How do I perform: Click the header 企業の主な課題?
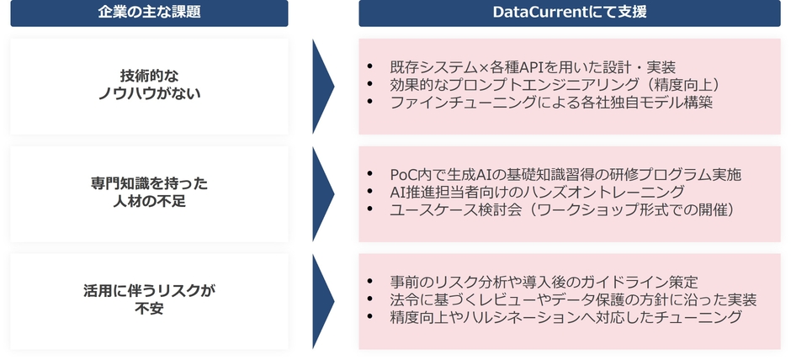coord(149,12)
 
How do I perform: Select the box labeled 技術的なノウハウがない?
coord(149,87)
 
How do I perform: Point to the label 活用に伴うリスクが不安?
coord(149,300)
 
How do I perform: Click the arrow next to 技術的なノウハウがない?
coord(323,87)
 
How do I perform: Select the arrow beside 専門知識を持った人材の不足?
coord(323,193)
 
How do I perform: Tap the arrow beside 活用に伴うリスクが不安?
coord(323,301)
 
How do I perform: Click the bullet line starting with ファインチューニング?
coord(551,103)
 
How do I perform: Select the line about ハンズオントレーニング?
coord(537,192)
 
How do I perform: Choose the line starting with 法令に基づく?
coord(574,299)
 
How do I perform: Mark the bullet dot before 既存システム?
coord(371,66)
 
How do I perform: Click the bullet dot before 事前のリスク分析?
coord(371,281)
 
